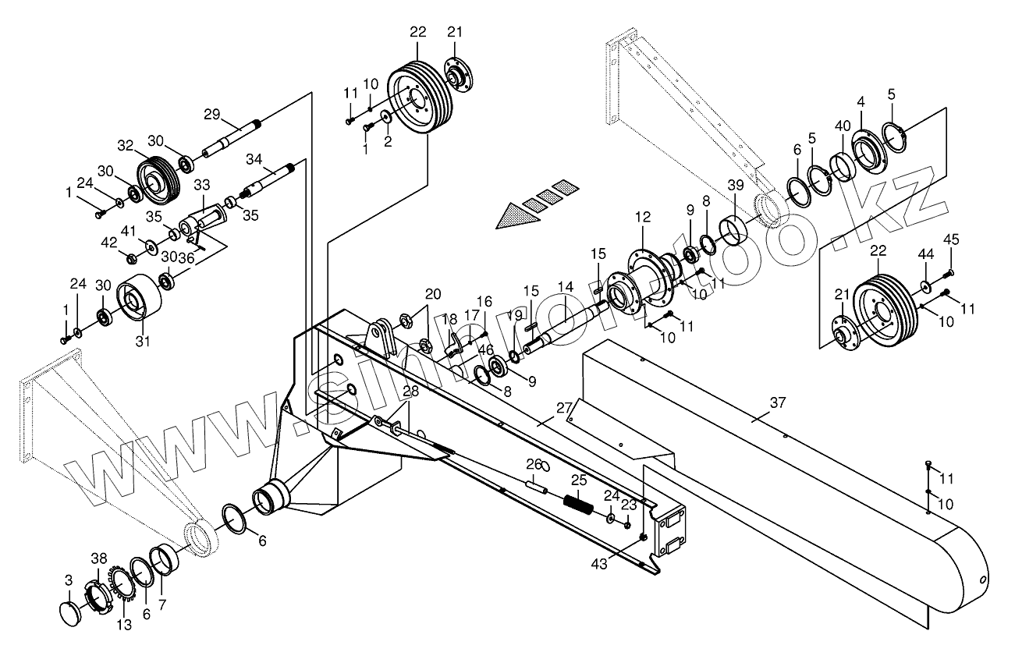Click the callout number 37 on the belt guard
[x=777, y=402]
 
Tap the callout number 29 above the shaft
[x=212, y=114]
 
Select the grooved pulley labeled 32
[x=159, y=181]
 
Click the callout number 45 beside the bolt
[x=951, y=239]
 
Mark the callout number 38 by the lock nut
[x=98, y=558]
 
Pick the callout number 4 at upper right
[x=861, y=102]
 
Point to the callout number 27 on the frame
[x=564, y=406]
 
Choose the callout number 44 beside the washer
[x=925, y=254]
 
